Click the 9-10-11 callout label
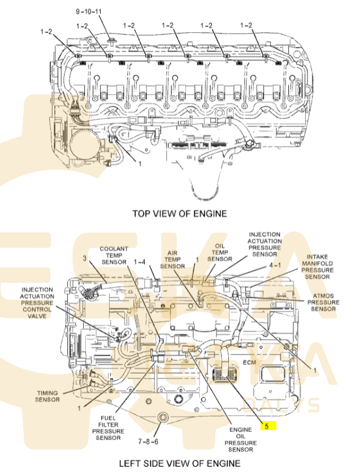click(x=89, y=12)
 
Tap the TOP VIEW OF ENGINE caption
click(x=180, y=214)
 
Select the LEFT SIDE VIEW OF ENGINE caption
click(x=180, y=464)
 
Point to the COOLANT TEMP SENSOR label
click(x=114, y=256)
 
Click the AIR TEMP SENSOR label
click(x=172, y=259)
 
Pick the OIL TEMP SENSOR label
click(x=220, y=253)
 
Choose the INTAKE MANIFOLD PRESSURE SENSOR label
click(x=317, y=267)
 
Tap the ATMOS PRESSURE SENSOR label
click(x=323, y=302)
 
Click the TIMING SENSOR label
click(x=47, y=396)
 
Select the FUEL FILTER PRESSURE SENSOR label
click(x=108, y=428)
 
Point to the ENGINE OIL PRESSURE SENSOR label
click(x=241, y=439)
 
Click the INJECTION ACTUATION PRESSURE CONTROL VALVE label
click(x=37, y=303)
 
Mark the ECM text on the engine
click(x=250, y=362)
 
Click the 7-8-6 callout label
click(x=148, y=441)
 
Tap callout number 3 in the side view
click(x=85, y=258)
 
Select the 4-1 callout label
click(x=275, y=265)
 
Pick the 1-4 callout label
click(x=140, y=262)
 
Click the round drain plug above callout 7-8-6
click(x=163, y=418)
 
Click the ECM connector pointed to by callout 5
click(x=223, y=375)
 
